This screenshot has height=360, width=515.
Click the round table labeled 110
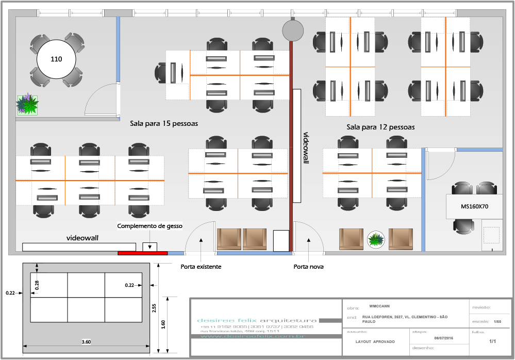56,59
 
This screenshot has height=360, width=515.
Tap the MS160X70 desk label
474,206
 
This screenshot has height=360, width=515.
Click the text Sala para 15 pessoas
164,124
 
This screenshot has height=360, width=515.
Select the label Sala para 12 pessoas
380,127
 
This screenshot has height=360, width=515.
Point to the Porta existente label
201,267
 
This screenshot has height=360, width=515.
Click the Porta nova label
308,267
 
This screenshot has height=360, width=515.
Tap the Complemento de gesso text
150,226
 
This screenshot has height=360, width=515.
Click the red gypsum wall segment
142,253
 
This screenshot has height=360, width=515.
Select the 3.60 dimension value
86,341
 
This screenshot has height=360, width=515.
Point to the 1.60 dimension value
163,324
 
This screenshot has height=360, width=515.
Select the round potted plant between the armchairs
376,239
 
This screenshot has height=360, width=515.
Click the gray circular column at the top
293,29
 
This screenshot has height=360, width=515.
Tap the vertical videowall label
306,148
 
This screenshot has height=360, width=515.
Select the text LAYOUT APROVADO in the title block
375,341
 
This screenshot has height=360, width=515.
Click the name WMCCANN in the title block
380,306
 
